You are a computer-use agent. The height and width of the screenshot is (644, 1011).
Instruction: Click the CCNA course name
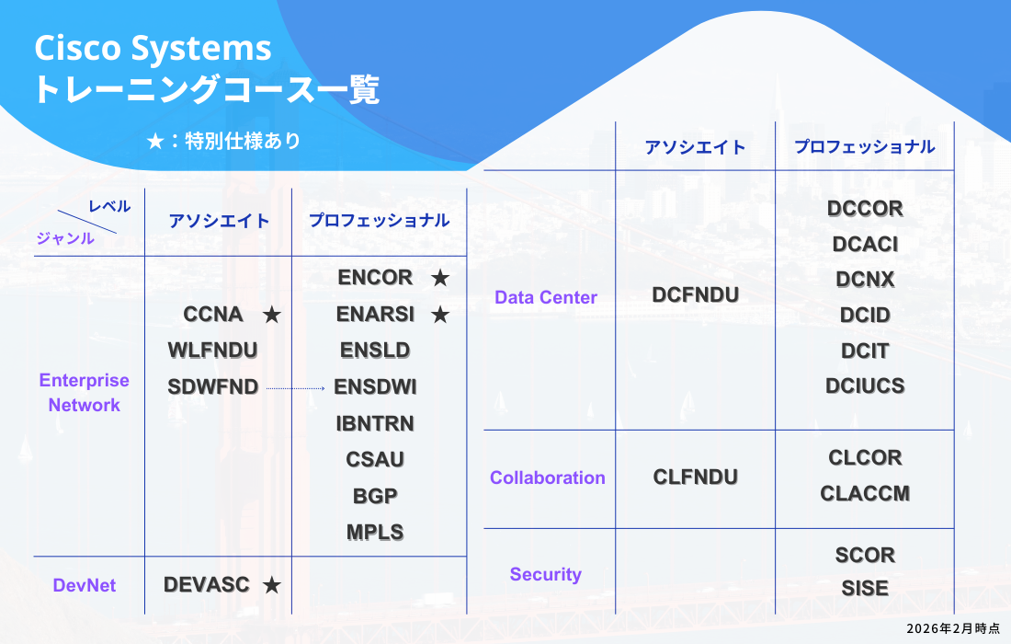[213, 315]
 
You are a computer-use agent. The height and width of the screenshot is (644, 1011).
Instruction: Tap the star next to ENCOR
[440, 278]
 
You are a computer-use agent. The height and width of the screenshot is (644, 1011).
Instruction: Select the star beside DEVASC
[271, 585]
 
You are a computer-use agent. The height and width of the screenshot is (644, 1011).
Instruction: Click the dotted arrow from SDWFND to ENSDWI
[296, 389]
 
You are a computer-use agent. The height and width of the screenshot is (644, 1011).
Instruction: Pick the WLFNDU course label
[212, 351]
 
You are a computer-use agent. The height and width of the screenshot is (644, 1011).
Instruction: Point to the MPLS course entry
[375, 532]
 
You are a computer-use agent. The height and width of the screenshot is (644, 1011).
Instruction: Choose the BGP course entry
[375, 496]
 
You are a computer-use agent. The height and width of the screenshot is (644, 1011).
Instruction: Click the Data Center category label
[546, 297]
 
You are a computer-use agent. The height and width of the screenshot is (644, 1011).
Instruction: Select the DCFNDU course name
[696, 294]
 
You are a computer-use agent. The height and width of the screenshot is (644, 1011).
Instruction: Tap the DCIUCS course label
[865, 385]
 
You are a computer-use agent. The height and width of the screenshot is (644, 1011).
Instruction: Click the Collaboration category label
[548, 477]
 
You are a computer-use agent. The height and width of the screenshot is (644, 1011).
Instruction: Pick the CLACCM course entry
[865, 494]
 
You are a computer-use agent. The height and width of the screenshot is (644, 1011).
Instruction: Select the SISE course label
[865, 588]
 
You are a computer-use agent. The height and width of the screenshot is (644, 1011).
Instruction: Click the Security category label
[546, 574]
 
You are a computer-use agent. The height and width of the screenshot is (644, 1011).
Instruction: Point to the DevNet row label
[85, 585]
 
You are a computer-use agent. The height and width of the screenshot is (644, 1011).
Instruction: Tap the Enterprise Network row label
[85, 393]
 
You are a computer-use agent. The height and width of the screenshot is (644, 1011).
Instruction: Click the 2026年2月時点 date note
[952, 627]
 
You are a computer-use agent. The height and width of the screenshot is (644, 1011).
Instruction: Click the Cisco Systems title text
[153, 48]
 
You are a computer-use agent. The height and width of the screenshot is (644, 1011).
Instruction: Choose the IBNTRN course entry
[375, 423]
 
